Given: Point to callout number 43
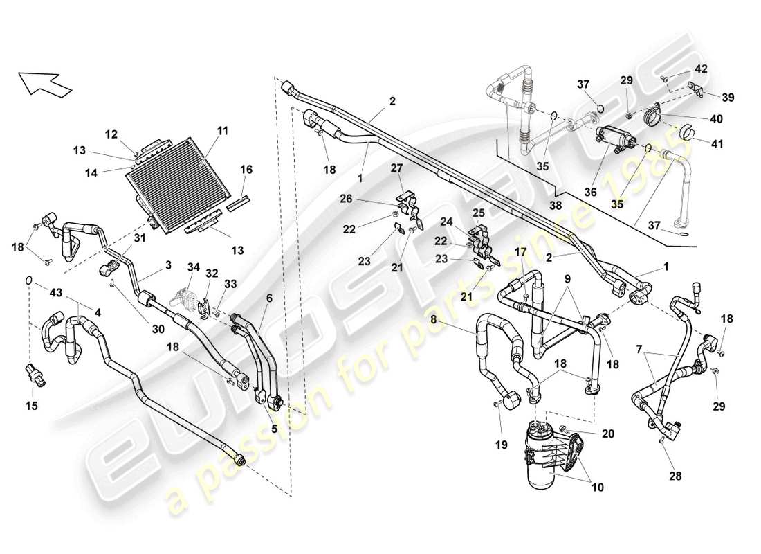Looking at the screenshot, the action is [x=56, y=293].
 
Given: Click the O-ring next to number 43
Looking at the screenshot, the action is [x=28, y=280].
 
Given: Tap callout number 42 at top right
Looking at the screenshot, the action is [x=702, y=69].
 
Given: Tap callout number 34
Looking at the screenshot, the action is [x=194, y=267].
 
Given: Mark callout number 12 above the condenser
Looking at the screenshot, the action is [x=112, y=133].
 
